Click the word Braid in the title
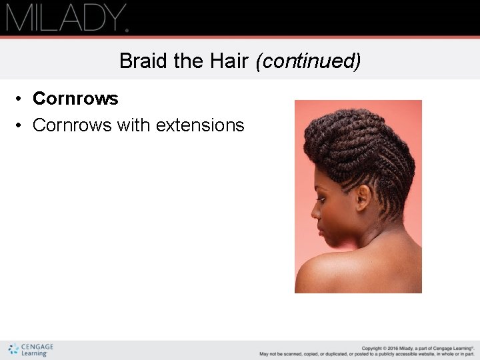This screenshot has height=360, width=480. click(x=143, y=61)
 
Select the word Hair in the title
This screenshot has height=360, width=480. click(x=228, y=61)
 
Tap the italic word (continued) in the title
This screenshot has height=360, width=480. click(x=308, y=61)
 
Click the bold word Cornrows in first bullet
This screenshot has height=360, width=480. click(x=75, y=99)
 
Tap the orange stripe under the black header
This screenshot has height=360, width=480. click(x=240, y=37)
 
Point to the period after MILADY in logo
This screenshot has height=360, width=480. click(x=126, y=29)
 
